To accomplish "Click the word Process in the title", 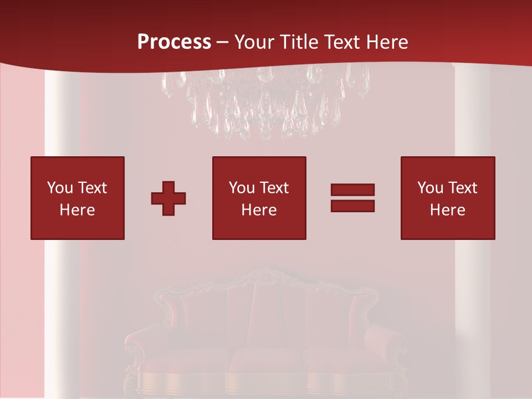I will pos(174,42).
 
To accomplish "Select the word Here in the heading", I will pos(387,42).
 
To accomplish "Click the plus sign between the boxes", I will pos(168,198).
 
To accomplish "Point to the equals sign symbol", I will pos(352,198).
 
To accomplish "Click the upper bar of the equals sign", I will pos(352,190).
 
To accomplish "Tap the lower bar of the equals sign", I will pos(352,206).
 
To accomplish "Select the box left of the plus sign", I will pos(78,198).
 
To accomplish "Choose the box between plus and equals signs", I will pos(259,198).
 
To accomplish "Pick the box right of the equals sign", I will pos(448,198).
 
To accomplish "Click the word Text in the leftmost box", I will pos(92,188).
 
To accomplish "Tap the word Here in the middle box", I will pos(259,210).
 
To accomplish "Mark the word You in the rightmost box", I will pos(430,188).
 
